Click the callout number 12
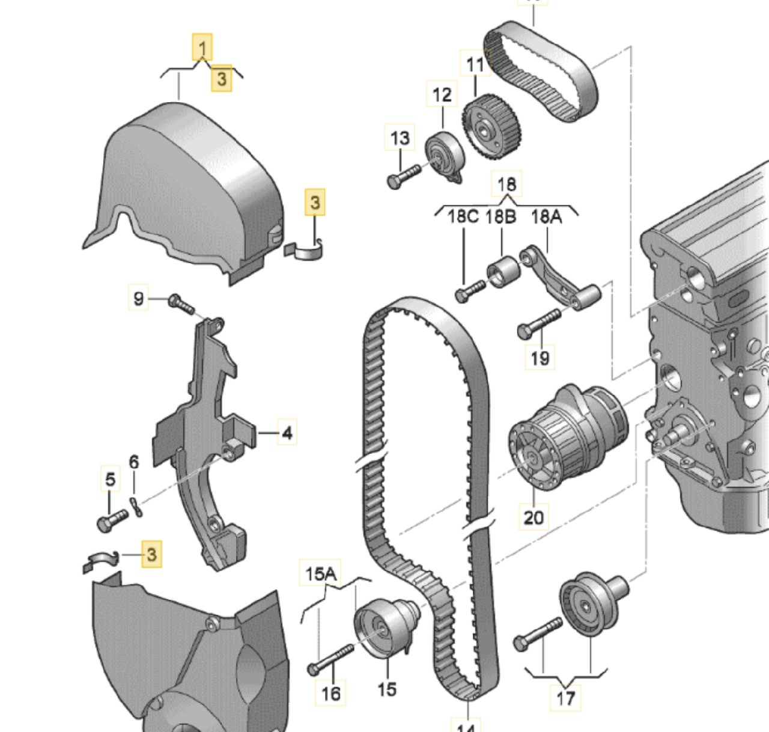coord(442,94)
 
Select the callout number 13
coord(400,138)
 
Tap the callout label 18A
coord(546,216)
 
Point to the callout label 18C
coord(463,216)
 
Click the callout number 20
coord(533,517)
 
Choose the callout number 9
coord(139,298)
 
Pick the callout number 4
coord(287,432)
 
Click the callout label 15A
coord(320,574)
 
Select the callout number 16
coord(330,693)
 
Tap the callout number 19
coord(540,358)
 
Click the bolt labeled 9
coord(181,303)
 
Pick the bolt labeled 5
coord(112,520)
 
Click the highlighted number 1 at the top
coord(202,47)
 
